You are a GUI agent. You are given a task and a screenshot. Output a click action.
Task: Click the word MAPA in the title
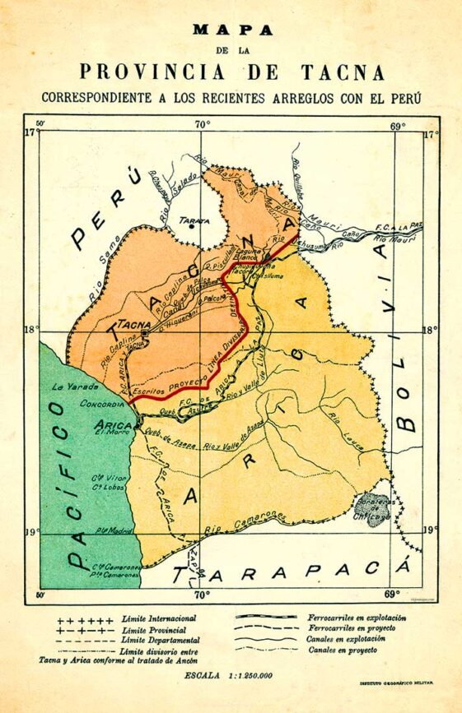[232, 30]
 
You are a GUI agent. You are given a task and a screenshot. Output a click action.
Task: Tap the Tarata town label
[194, 220]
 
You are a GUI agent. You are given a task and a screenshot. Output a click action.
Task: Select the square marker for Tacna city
[145, 336]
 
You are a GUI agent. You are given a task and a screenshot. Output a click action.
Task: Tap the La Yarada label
[69, 386]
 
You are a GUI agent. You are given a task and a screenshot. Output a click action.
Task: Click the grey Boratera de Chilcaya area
[372, 507]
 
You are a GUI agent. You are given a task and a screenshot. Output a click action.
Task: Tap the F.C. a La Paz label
[399, 225]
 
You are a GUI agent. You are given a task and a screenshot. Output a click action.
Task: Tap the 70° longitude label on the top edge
[202, 124]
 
